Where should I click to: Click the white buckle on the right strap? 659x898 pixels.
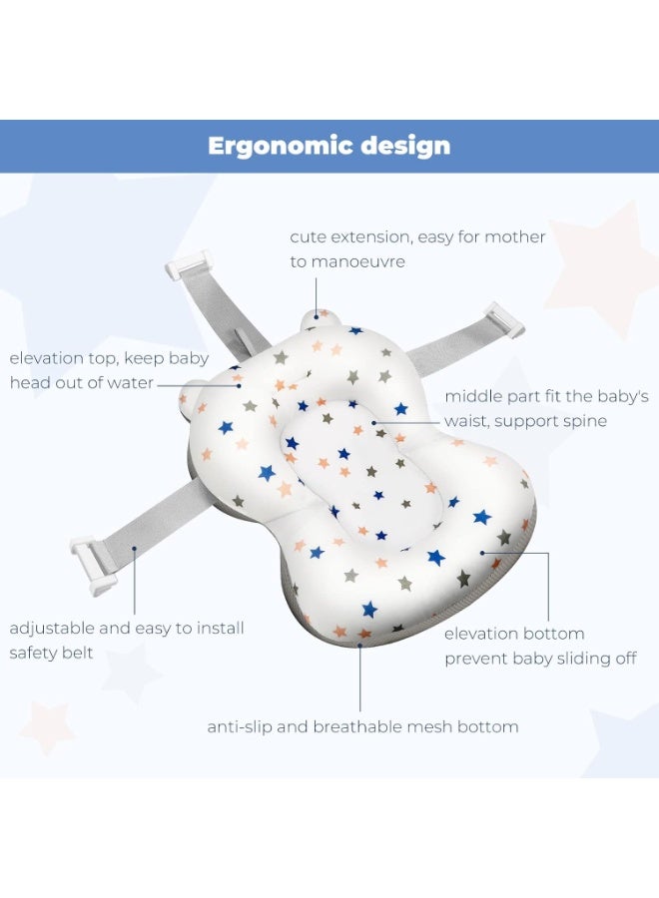coord(504,318)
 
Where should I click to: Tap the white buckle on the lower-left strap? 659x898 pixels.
coord(93,563)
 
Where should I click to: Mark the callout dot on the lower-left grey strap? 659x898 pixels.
coord(134,548)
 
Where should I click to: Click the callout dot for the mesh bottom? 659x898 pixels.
coord(359,645)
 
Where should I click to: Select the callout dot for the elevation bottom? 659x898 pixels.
coord(482,553)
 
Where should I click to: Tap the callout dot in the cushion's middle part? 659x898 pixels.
coord(373,423)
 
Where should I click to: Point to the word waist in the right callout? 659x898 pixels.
coord(466,421)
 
